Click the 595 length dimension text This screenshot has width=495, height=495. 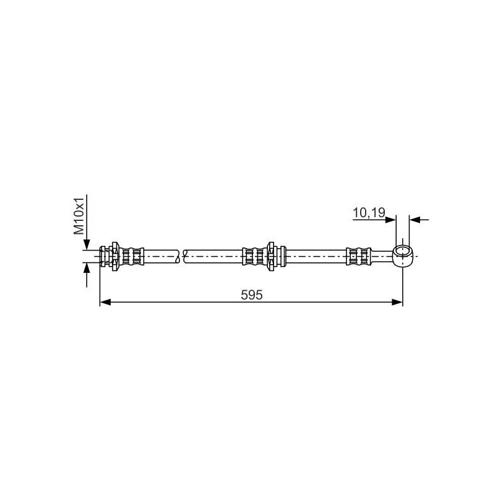252,295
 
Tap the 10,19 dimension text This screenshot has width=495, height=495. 369,213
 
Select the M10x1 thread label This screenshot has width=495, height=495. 80,216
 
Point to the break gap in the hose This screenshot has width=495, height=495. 182,255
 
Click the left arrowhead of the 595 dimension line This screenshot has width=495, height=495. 105,302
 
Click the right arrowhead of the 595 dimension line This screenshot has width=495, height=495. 397,302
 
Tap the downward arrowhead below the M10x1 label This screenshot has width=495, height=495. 87,244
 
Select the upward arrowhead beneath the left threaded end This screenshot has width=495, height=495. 87,268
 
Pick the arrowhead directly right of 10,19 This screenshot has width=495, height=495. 390,219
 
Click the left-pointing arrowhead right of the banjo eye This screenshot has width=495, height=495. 415,219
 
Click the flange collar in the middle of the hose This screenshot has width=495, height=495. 270,255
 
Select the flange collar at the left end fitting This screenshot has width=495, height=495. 114,255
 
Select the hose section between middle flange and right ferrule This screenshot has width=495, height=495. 316,255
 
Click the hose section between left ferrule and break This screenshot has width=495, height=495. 161,255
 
